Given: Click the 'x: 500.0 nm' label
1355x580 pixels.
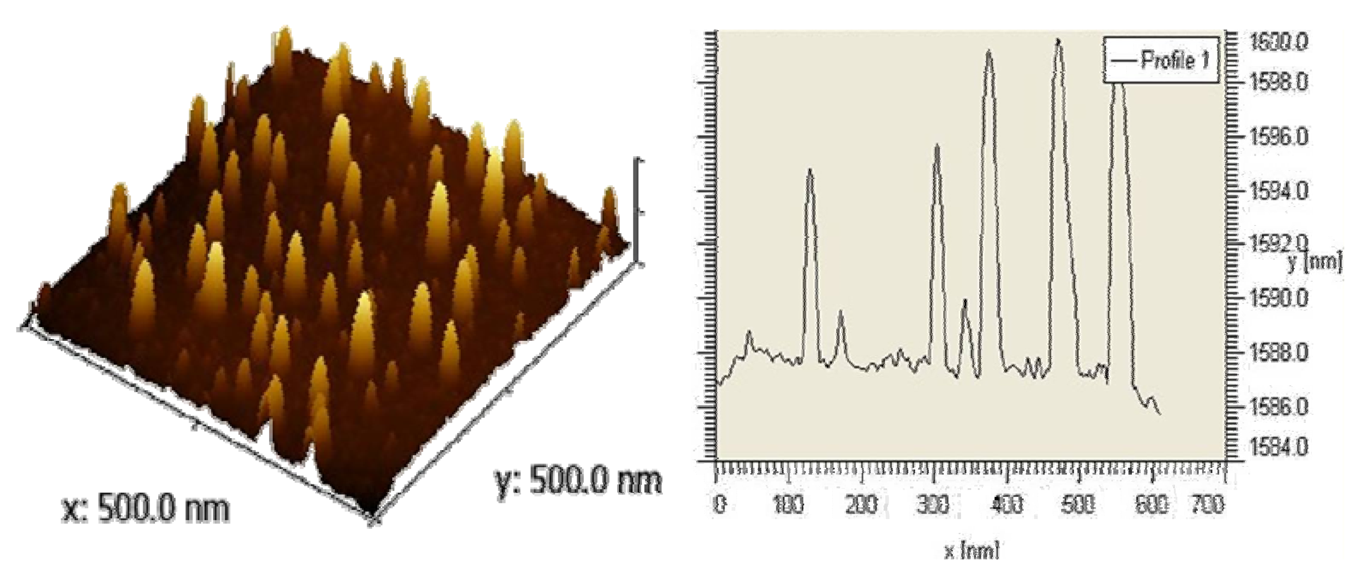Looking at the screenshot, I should point(145,509).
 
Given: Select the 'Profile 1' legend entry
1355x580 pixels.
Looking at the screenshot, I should point(1161,61).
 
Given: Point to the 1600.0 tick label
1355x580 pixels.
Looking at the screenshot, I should point(1278,42).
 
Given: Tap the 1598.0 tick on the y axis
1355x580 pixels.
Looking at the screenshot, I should point(1278,83).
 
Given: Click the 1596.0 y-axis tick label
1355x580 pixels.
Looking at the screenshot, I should point(1278,138).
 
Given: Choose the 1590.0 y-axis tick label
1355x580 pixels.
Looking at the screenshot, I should point(1278,299).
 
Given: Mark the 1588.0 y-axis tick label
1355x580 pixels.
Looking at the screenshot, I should point(1278,353).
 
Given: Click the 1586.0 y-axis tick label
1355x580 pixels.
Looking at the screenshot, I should point(1278,407).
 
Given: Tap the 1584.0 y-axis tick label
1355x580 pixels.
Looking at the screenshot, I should point(1278,448).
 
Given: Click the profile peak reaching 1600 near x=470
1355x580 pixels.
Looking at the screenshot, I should point(1058,41).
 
